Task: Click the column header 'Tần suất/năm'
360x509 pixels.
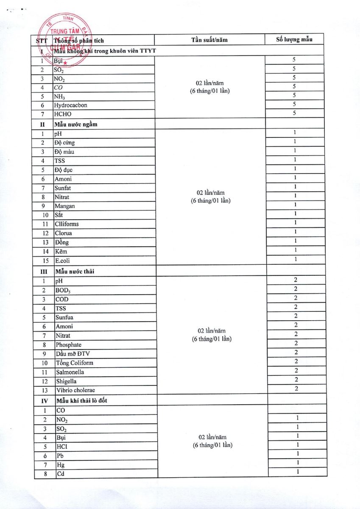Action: (x=209, y=40)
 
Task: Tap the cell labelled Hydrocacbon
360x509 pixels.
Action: (x=70, y=105)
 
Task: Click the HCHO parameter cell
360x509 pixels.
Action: (x=62, y=114)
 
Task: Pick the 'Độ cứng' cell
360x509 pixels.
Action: (x=64, y=143)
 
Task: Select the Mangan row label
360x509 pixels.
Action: (x=64, y=206)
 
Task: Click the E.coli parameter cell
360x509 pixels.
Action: (x=62, y=261)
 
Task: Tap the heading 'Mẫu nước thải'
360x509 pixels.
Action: (x=75, y=271)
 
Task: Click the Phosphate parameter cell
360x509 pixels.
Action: (x=69, y=345)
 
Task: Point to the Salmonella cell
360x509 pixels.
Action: (x=70, y=372)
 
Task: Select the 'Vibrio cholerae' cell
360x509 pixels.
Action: (x=75, y=390)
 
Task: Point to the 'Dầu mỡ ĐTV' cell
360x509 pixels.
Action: (x=72, y=354)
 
